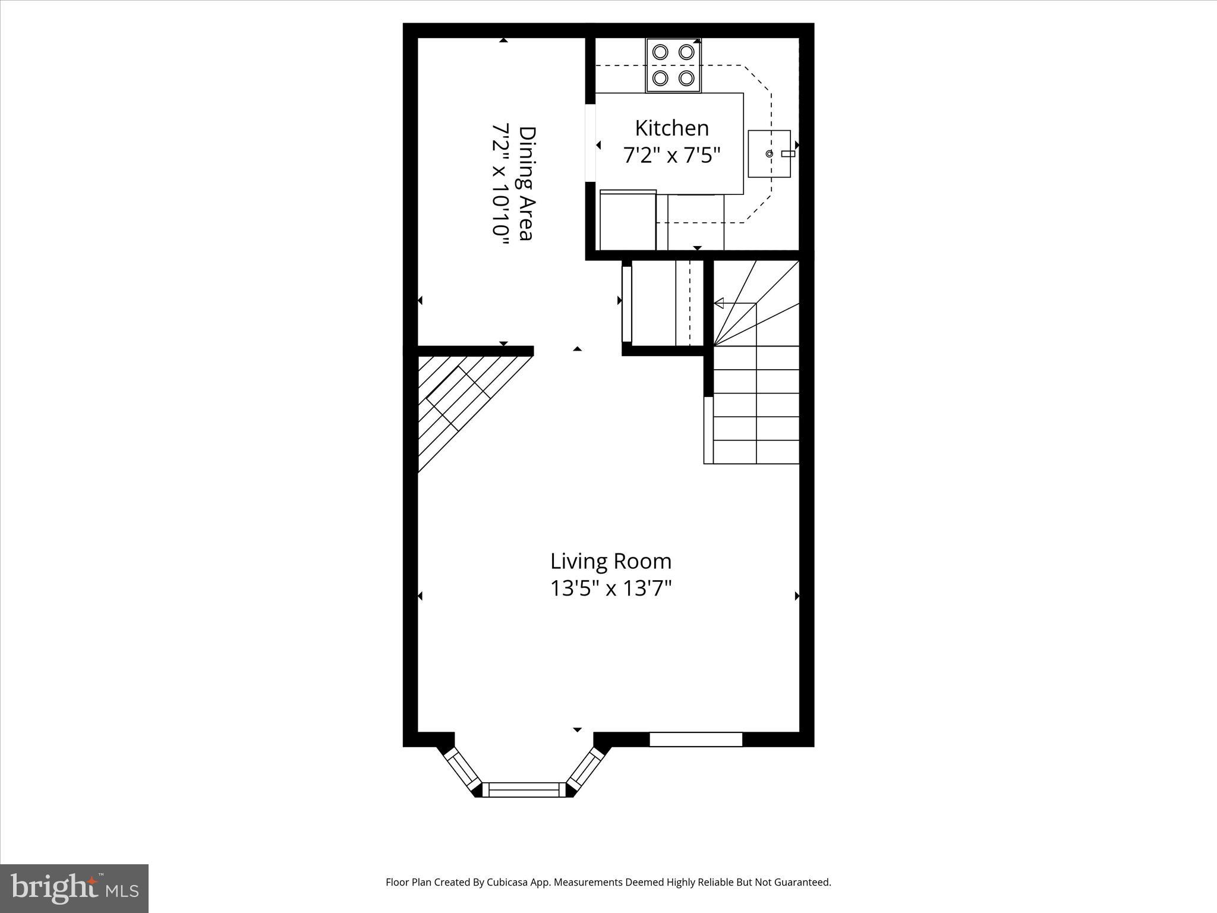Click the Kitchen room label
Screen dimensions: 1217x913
pyautogui.click(x=671, y=128)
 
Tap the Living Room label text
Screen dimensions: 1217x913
pyautogui.click(x=611, y=561)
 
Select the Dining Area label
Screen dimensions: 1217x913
pyautogui.click(x=526, y=183)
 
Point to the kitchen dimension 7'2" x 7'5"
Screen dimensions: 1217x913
pyautogui.click(x=671, y=155)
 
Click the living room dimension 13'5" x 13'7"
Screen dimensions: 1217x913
pyautogui.click(x=611, y=588)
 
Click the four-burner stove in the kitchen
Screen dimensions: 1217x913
pyautogui.click(x=673, y=65)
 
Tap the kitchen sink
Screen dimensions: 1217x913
pyautogui.click(x=770, y=154)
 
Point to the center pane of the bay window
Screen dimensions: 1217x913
pyautogui.click(x=524, y=789)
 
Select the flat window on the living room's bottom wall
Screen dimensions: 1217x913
pyautogui.click(x=696, y=739)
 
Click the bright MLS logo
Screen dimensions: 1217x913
pyautogui.click(x=74, y=889)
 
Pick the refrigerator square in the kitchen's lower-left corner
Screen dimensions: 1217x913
pyautogui.click(x=628, y=221)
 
